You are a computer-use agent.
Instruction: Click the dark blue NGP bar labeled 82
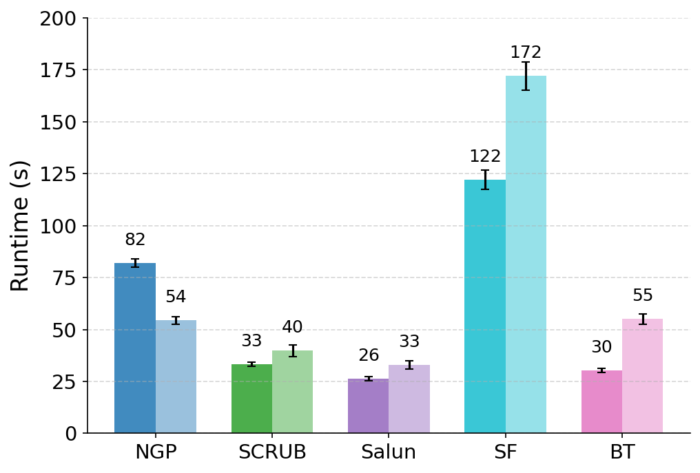[x=135, y=348]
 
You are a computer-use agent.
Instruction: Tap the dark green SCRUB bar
[x=251, y=399]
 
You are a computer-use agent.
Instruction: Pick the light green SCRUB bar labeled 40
[x=292, y=392]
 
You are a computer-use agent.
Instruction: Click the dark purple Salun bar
[x=368, y=406]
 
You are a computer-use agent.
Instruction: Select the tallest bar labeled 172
[x=526, y=255]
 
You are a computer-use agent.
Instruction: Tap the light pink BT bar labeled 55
[x=642, y=376]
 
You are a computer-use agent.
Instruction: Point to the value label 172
[x=526, y=52]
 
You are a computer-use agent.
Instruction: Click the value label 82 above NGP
[x=135, y=240]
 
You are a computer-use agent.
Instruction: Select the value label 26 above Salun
[x=369, y=355]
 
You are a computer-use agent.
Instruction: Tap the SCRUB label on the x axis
[x=272, y=452]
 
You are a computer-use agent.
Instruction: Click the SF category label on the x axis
[x=505, y=452]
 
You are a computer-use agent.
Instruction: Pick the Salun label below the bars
[x=389, y=452]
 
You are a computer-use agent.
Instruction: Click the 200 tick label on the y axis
[x=59, y=19]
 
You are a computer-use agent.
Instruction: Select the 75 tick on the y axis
[x=65, y=277]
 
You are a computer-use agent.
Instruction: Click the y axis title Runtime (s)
[x=20, y=225]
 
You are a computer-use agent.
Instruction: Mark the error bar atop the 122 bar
[x=484, y=179]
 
